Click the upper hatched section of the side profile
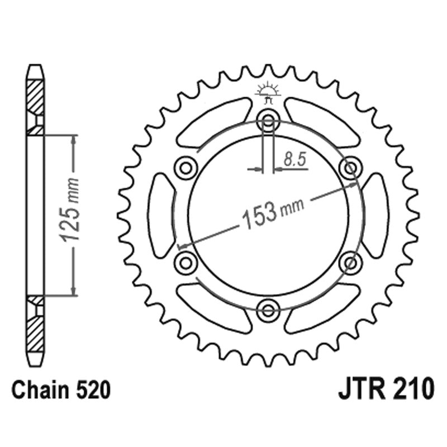(x=35, y=101)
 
